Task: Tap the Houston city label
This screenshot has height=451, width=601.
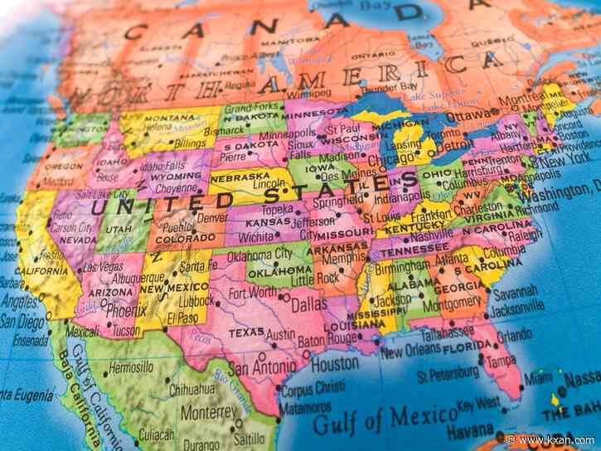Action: tap(335, 363)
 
